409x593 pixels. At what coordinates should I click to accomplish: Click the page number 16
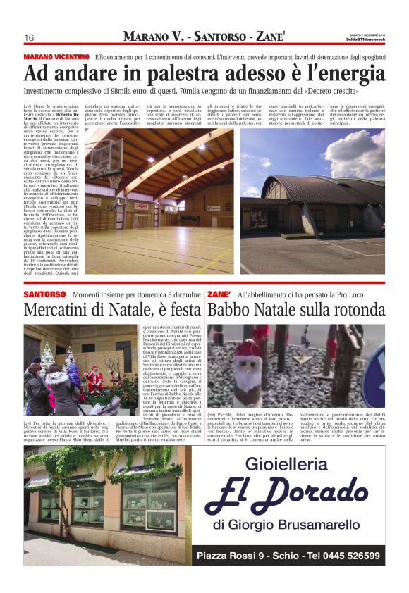pos(30,37)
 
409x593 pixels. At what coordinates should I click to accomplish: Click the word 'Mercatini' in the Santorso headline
pos(62,310)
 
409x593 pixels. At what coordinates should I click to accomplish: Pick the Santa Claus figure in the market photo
pos(94,380)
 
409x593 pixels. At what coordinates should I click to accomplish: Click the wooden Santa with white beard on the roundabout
pos(249,363)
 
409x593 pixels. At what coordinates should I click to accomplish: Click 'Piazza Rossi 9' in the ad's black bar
pos(231,556)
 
